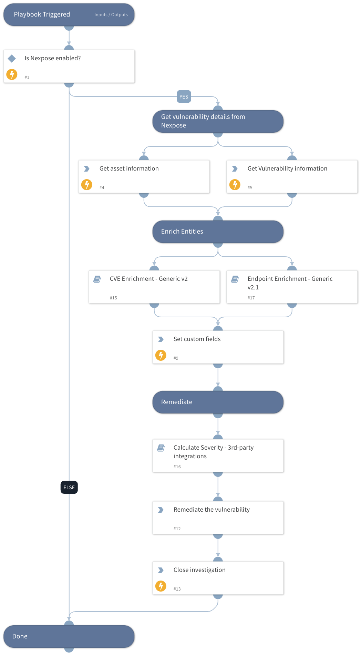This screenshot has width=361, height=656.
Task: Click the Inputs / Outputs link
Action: (x=111, y=15)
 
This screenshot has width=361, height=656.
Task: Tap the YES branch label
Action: (x=184, y=97)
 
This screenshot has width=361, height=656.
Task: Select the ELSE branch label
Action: (x=69, y=488)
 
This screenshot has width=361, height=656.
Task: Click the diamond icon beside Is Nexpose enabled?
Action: (x=12, y=59)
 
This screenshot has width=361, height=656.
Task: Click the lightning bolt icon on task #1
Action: (x=12, y=74)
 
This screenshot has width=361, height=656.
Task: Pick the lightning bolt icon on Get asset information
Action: (x=86, y=184)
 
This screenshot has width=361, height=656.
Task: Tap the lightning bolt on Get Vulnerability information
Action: (x=235, y=184)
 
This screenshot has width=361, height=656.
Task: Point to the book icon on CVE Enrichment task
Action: (x=97, y=279)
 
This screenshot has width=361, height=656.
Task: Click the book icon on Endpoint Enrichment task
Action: (x=235, y=279)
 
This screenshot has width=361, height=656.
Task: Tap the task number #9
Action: (x=176, y=358)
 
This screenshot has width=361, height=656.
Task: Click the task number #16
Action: (x=177, y=467)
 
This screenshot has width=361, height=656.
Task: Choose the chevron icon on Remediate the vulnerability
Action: (x=161, y=510)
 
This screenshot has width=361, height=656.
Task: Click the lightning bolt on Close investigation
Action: (x=161, y=586)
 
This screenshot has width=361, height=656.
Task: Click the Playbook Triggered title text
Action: (x=42, y=14)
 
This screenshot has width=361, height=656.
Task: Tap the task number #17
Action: (x=251, y=298)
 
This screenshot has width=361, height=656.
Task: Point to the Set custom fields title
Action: (x=197, y=339)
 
